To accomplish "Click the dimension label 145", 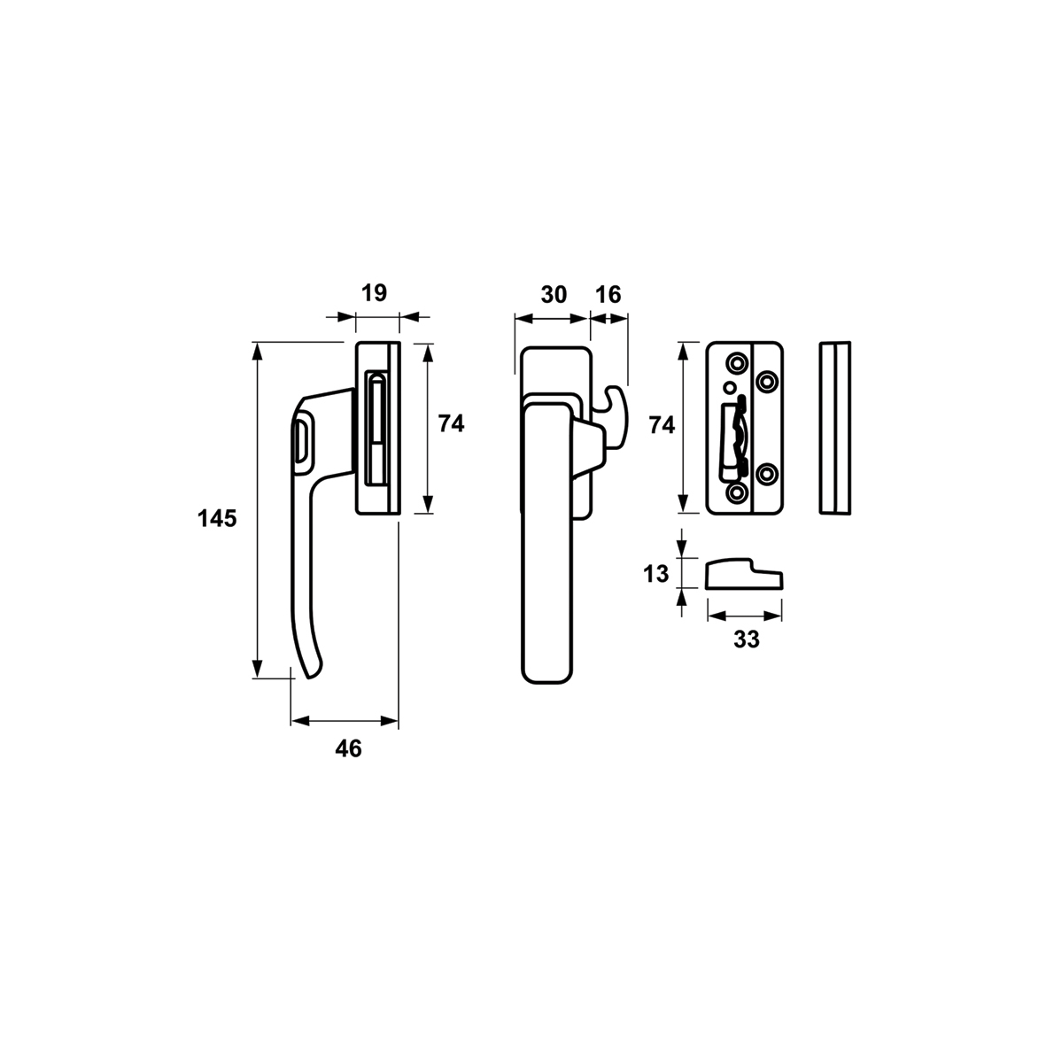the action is [217, 518].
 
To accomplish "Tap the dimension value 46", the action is [348, 749].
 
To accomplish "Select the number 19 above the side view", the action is [374, 293].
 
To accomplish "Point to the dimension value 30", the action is [554, 294].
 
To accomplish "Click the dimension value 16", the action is [608, 294].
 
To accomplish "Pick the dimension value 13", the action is [655, 574].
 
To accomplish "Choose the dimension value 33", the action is [747, 639].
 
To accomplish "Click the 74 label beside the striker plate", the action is [662, 425].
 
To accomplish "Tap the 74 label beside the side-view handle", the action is [451, 423].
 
